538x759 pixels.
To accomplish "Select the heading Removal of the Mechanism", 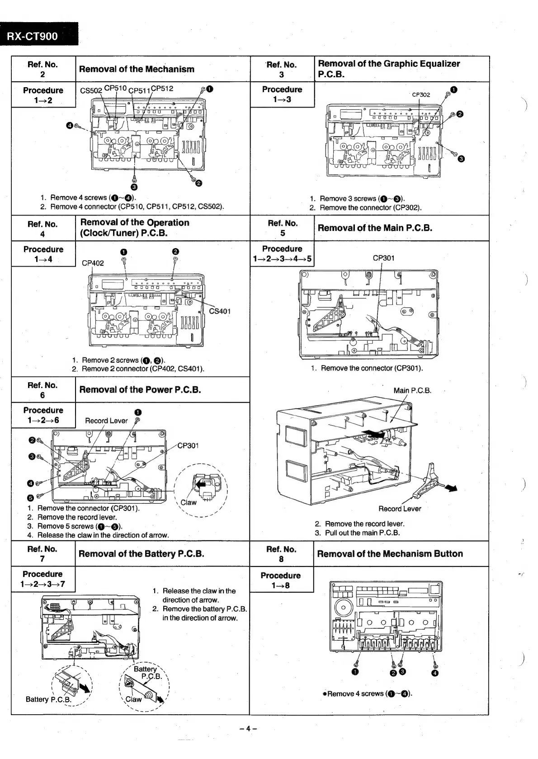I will coord(137,69).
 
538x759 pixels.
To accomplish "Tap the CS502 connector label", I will coord(91,90).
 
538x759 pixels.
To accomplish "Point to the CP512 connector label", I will coord(162,89).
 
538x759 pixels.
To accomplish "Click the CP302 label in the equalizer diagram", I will coord(421,95).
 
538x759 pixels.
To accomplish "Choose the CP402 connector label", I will coord(93,263).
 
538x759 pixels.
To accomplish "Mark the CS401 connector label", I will coord(220,311).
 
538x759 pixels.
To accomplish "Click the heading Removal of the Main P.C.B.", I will coord(375,228).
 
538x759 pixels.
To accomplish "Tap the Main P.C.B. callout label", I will coord(412,390).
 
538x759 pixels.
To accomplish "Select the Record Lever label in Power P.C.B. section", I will coord(106,421).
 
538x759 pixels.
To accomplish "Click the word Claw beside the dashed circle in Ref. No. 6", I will coord(189,502).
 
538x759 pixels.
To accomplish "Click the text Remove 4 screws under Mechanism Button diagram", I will coord(367,693).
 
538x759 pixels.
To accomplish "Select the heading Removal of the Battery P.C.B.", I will coord(141,553).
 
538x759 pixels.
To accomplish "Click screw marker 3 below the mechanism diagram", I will coord(134,187).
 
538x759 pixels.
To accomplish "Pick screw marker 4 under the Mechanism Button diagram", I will coord(435,674).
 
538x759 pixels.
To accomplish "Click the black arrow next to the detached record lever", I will coord(450,487).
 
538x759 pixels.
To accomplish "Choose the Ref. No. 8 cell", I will coord(281,554).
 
